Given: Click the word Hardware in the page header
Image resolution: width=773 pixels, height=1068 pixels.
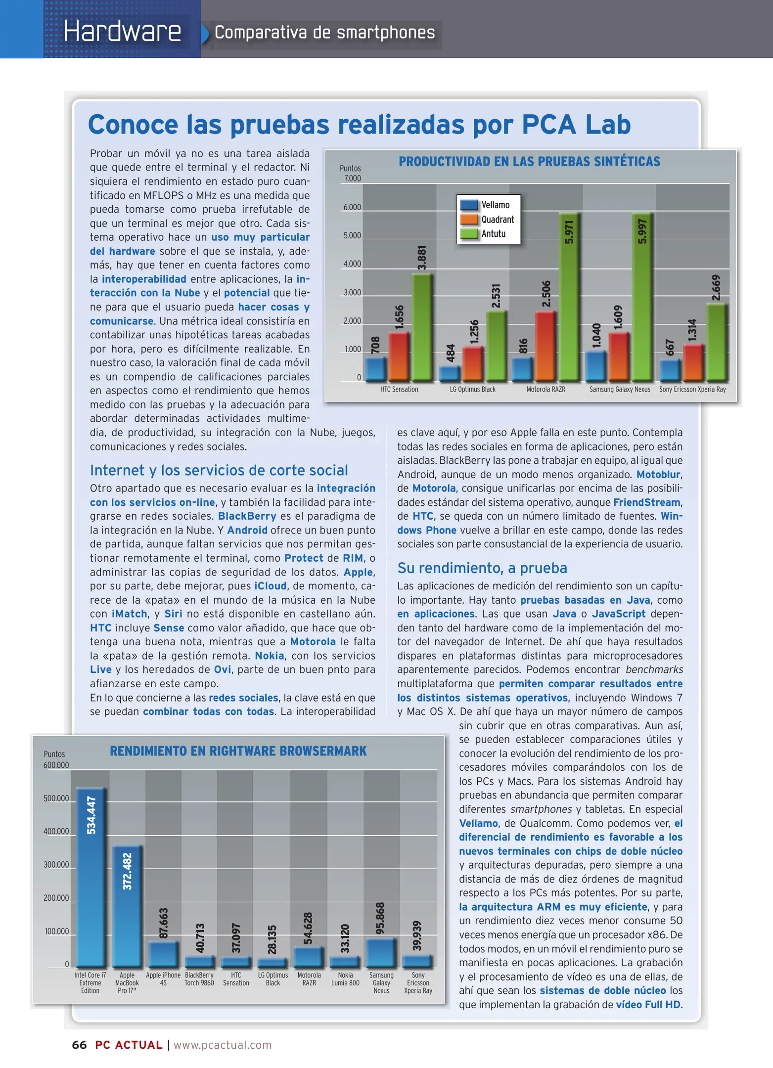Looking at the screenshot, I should (122, 32).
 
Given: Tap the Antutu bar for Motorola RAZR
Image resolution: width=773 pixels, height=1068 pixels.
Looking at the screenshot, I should (569, 297).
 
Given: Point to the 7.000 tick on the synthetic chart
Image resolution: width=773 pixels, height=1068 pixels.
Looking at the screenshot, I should (352, 178).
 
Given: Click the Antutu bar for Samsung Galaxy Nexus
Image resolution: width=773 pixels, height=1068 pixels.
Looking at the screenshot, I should (642, 297).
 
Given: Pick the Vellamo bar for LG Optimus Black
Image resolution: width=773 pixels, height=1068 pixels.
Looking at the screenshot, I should (450, 373).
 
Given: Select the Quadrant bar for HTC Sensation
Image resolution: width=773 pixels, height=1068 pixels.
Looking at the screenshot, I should (399, 356).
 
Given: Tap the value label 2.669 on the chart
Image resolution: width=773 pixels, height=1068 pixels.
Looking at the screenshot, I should (716, 287).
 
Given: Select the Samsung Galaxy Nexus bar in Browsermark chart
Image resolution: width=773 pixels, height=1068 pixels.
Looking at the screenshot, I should (381, 952).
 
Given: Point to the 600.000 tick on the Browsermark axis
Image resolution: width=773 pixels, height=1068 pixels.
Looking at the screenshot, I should (56, 765).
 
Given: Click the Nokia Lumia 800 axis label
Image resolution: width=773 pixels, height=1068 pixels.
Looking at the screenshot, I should (345, 979).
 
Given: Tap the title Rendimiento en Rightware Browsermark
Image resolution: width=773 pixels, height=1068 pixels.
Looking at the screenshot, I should (238, 751).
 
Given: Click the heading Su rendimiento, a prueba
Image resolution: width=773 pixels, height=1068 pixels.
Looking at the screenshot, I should (482, 568).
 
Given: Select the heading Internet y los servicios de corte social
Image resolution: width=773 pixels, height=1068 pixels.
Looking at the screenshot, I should (219, 470).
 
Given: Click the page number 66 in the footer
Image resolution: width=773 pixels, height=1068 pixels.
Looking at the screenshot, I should (79, 1045).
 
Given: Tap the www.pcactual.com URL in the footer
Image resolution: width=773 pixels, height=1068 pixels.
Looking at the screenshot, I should (223, 1045).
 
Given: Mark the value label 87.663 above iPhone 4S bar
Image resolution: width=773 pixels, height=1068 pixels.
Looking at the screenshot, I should (163, 923).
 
